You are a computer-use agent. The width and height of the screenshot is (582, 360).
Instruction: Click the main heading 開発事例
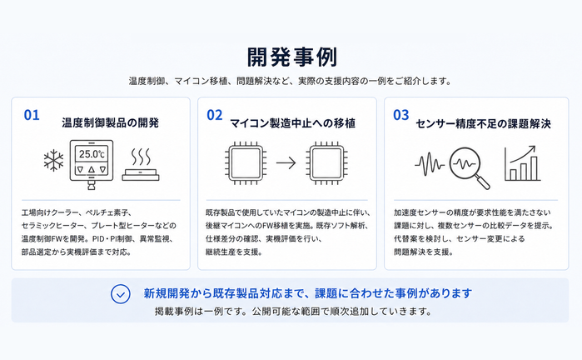coord(292,57)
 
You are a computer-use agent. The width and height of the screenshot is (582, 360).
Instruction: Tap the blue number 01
coord(32,115)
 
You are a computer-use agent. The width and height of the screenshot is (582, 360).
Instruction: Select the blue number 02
coord(215,115)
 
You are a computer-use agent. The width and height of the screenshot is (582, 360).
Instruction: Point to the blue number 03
coord(400,115)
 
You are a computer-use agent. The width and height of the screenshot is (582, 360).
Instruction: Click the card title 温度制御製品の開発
coord(110,122)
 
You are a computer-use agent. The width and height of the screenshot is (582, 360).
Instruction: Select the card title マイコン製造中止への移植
coord(292,123)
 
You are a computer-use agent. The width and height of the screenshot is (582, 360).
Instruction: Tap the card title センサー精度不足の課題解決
coord(483,123)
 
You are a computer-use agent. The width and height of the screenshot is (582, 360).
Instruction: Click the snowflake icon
coord(53,161)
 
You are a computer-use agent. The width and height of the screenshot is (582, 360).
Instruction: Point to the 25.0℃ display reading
coord(92,154)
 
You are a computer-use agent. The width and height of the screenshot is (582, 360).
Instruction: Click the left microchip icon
coord(246,162)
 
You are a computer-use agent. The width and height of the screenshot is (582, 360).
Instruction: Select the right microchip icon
coord(326,162)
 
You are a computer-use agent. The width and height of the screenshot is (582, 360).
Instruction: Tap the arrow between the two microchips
coord(286,162)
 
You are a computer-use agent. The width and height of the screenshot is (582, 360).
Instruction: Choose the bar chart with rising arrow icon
coord(520,163)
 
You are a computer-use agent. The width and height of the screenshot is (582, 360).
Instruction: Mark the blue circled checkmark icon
coord(120,294)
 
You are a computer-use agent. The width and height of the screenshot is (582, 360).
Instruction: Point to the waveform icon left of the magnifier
coord(430,164)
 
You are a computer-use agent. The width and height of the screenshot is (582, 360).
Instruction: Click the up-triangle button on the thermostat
coord(92,170)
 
